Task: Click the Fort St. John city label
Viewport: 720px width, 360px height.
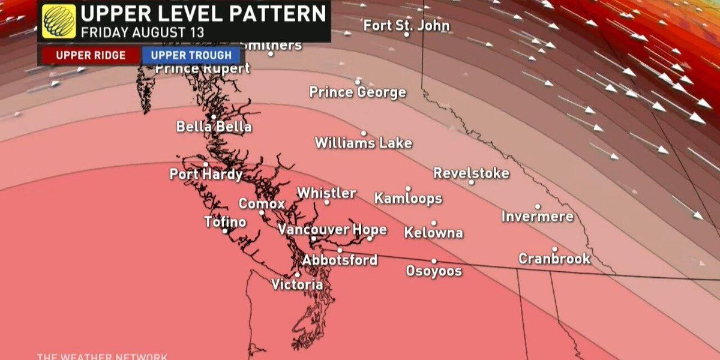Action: pyautogui.click(x=406, y=26)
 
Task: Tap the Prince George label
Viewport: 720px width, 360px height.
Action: pyautogui.click(x=358, y=92)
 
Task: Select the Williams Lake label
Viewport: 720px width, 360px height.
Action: pyautogui.click(x=364, y=143)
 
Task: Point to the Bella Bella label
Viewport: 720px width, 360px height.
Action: pyautogui.click(x=214, y=127)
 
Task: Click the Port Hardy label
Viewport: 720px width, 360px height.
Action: pyautogui.click(x=206, y=175)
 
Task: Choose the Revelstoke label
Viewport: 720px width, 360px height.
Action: pyautogui.click(x=472, y=173)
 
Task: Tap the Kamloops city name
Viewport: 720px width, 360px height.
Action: pyautogui.click(x=408, y=199)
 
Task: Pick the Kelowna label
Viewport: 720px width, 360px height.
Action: pyautogui.click(x=433, y=233)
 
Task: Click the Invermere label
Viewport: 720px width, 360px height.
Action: pyautogui.click(x=537, y=217)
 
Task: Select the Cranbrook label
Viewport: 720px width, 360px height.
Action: pyautogui.click(x=554, y=259)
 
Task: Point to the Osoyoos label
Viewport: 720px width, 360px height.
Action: pyautogui.click(x=434, y=271)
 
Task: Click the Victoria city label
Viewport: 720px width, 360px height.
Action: pyautogui.click(x=297, y=285)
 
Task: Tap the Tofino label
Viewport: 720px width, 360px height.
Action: pyautogui.click(x=225, y=222)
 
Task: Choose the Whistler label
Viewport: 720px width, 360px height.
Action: pyautogui.click(x=326, y=193)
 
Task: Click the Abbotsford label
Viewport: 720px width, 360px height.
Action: pyautogui.click(x=340, y=260)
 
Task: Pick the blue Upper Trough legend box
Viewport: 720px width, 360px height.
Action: pyautogui.click(x=191, y=56)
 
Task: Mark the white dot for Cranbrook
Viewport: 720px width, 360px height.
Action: pyautogui.click(x=554, y=249)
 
